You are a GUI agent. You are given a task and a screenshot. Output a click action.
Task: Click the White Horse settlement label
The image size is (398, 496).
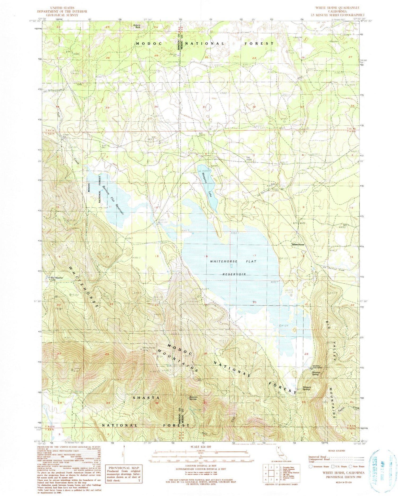click(x=298, y=244)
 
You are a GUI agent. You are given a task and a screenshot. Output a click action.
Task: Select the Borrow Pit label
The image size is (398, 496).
click(x=173, y=55)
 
